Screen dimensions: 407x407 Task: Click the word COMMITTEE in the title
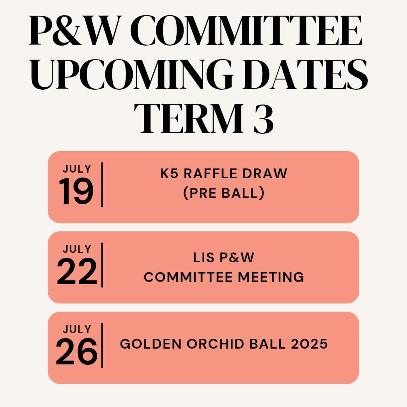pos(248,31)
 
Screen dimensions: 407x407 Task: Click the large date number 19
pos(76,191)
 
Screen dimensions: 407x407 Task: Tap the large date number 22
pos(77,272)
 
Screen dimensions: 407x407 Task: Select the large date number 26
pos(77,352)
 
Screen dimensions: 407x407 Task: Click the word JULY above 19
pos(77,169)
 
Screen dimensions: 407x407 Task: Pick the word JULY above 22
pos(77,249)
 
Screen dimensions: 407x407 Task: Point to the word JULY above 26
pos(77,329)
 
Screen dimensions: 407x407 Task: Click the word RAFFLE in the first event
pos(207,173)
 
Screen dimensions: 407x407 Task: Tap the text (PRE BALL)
pos(224,193)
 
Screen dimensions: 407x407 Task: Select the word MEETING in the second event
pos(271,277)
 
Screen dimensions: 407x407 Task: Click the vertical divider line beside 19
pos(102,185)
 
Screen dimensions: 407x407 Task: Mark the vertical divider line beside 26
pos(102,345)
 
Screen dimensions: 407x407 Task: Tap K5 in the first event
pos(169,173)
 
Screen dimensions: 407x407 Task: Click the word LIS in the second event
pos(204,257)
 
